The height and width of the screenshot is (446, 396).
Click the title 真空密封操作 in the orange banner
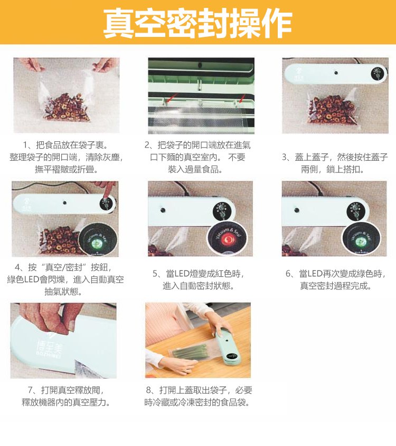tap(197, 23)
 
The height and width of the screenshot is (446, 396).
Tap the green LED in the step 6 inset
tap(361, 241)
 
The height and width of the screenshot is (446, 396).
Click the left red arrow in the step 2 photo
tap(172, 98)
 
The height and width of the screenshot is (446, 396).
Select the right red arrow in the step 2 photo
tap(242, 99)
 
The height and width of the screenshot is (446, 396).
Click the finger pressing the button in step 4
tap(108, 190)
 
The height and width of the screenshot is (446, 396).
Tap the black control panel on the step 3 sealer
tap(378, 74)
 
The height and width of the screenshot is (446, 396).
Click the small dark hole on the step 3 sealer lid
tap(336, 73)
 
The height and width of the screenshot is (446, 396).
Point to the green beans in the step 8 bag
tap(189, 351)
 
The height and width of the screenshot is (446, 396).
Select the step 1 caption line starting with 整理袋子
tap(67, 157)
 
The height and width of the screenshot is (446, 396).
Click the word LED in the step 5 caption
tap(181, 274)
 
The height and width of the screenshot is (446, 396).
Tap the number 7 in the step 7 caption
tap(30, 390)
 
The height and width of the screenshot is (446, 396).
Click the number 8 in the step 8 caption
tap(149, 390)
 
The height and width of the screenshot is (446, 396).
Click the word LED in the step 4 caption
tap(31, 279)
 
